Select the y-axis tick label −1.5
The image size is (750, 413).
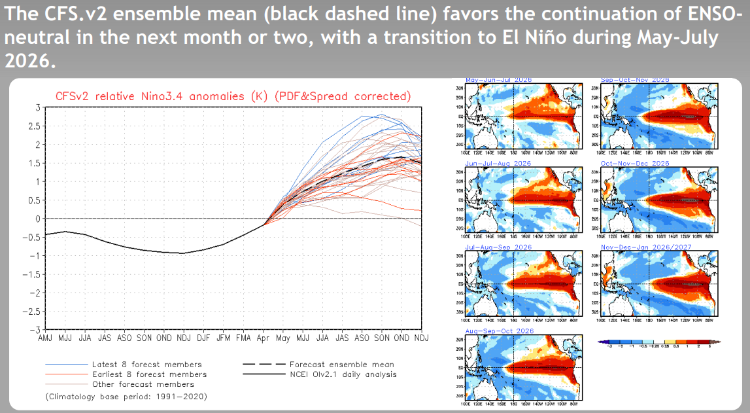click(x=31, y=274)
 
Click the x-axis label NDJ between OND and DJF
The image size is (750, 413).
click(x=184, y=338)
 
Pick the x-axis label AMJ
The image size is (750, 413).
click(x=46, y=338)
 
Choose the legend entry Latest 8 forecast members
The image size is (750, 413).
click(x=147, y=365)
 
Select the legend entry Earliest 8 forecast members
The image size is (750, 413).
click(x=150, y=374)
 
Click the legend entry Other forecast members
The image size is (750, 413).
click(x=143, y=384)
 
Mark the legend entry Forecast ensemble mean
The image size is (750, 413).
click(x=341, y=365)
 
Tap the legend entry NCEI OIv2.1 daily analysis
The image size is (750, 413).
click(x=343, y=374)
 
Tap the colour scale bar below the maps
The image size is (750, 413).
click(x=660, y=342)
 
